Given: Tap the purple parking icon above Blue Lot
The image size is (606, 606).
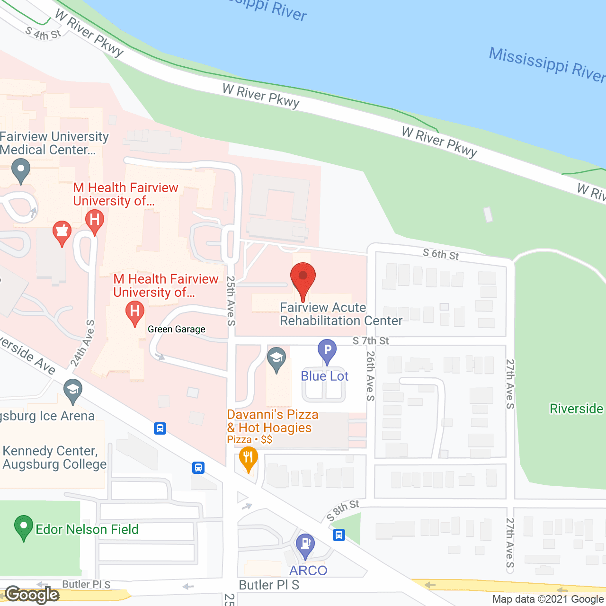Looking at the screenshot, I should (x=327, y=351).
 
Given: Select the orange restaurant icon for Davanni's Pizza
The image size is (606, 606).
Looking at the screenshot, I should (x=248, y=459).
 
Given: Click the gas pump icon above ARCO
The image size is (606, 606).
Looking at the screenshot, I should (x=305, y=544).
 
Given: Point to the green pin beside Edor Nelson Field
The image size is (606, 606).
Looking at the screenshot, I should (x=24, y=527).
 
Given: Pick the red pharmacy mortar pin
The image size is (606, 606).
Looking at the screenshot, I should (x=62, y=232).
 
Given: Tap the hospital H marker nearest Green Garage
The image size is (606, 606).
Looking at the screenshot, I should (x=134, y=312).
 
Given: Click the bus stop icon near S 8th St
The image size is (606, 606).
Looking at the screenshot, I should (x=339, y=535).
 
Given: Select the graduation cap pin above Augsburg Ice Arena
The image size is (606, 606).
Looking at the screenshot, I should (x=72, y=391).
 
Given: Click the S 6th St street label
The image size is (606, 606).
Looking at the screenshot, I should (x=441, y=254).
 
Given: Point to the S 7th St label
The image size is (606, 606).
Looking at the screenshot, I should (x=371, y=341).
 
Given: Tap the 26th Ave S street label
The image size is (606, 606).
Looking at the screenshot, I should (x=370, y=375).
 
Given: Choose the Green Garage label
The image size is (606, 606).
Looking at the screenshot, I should (x=177, y=329).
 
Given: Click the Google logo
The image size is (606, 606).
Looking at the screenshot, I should (x=32, y=595).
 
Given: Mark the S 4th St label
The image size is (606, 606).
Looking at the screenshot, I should (x=43, y=34).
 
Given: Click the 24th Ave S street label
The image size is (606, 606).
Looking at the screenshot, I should (x=83, y=344).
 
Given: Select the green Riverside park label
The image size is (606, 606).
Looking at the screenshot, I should (x=576, y=409).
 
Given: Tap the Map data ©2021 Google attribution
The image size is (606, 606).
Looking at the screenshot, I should (x=548, y=599).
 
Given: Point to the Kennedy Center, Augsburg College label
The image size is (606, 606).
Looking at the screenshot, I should (x=54, y=457).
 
